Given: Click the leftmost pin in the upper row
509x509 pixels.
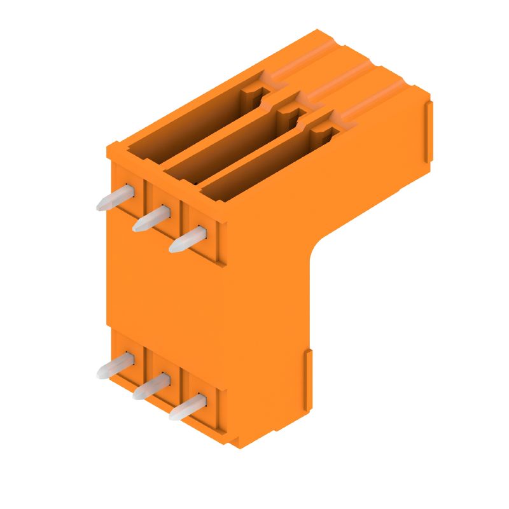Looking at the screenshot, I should pyautogui.click(x=115, y=198).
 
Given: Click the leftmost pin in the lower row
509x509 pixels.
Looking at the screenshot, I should pyautogui.click(x=115, y=366).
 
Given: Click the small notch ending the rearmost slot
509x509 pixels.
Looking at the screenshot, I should pyautogui.click(x=251, y=95).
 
